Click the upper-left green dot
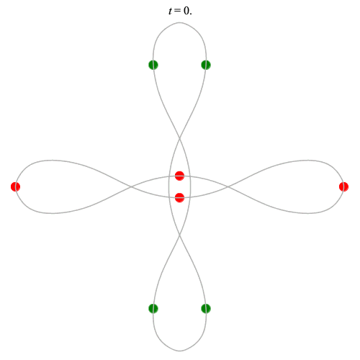pos(153,65)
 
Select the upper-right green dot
pos(206,65)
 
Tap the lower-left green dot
pos(153,308)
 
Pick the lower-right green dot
pos(206,308)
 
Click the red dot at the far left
pos(16,186)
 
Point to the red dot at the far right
pos(343,186)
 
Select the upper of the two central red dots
pos(179,176)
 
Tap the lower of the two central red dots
pos(179,197)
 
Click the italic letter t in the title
pos(170,11)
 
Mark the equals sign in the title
pos(178,11)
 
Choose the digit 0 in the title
pos(186,11)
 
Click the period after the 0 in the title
pos(191,14)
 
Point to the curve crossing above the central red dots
pos(179,138)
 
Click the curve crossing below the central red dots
pos(179,235)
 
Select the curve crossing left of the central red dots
pos(131,186)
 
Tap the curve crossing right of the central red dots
pos(228,186)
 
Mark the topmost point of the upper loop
pos(179,22)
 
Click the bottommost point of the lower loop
pos(179,351)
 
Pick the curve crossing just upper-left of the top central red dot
pos(169,177)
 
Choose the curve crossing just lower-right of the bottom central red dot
pos(190,197)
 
